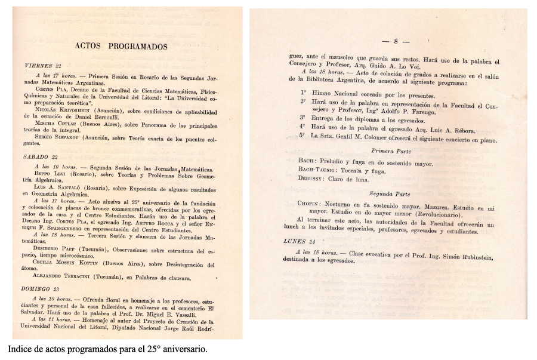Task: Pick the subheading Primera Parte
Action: (391, 151)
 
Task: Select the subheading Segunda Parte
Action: (390, 193)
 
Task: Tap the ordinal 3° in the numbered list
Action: (303, 118)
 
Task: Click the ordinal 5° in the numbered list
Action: (303, 136)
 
